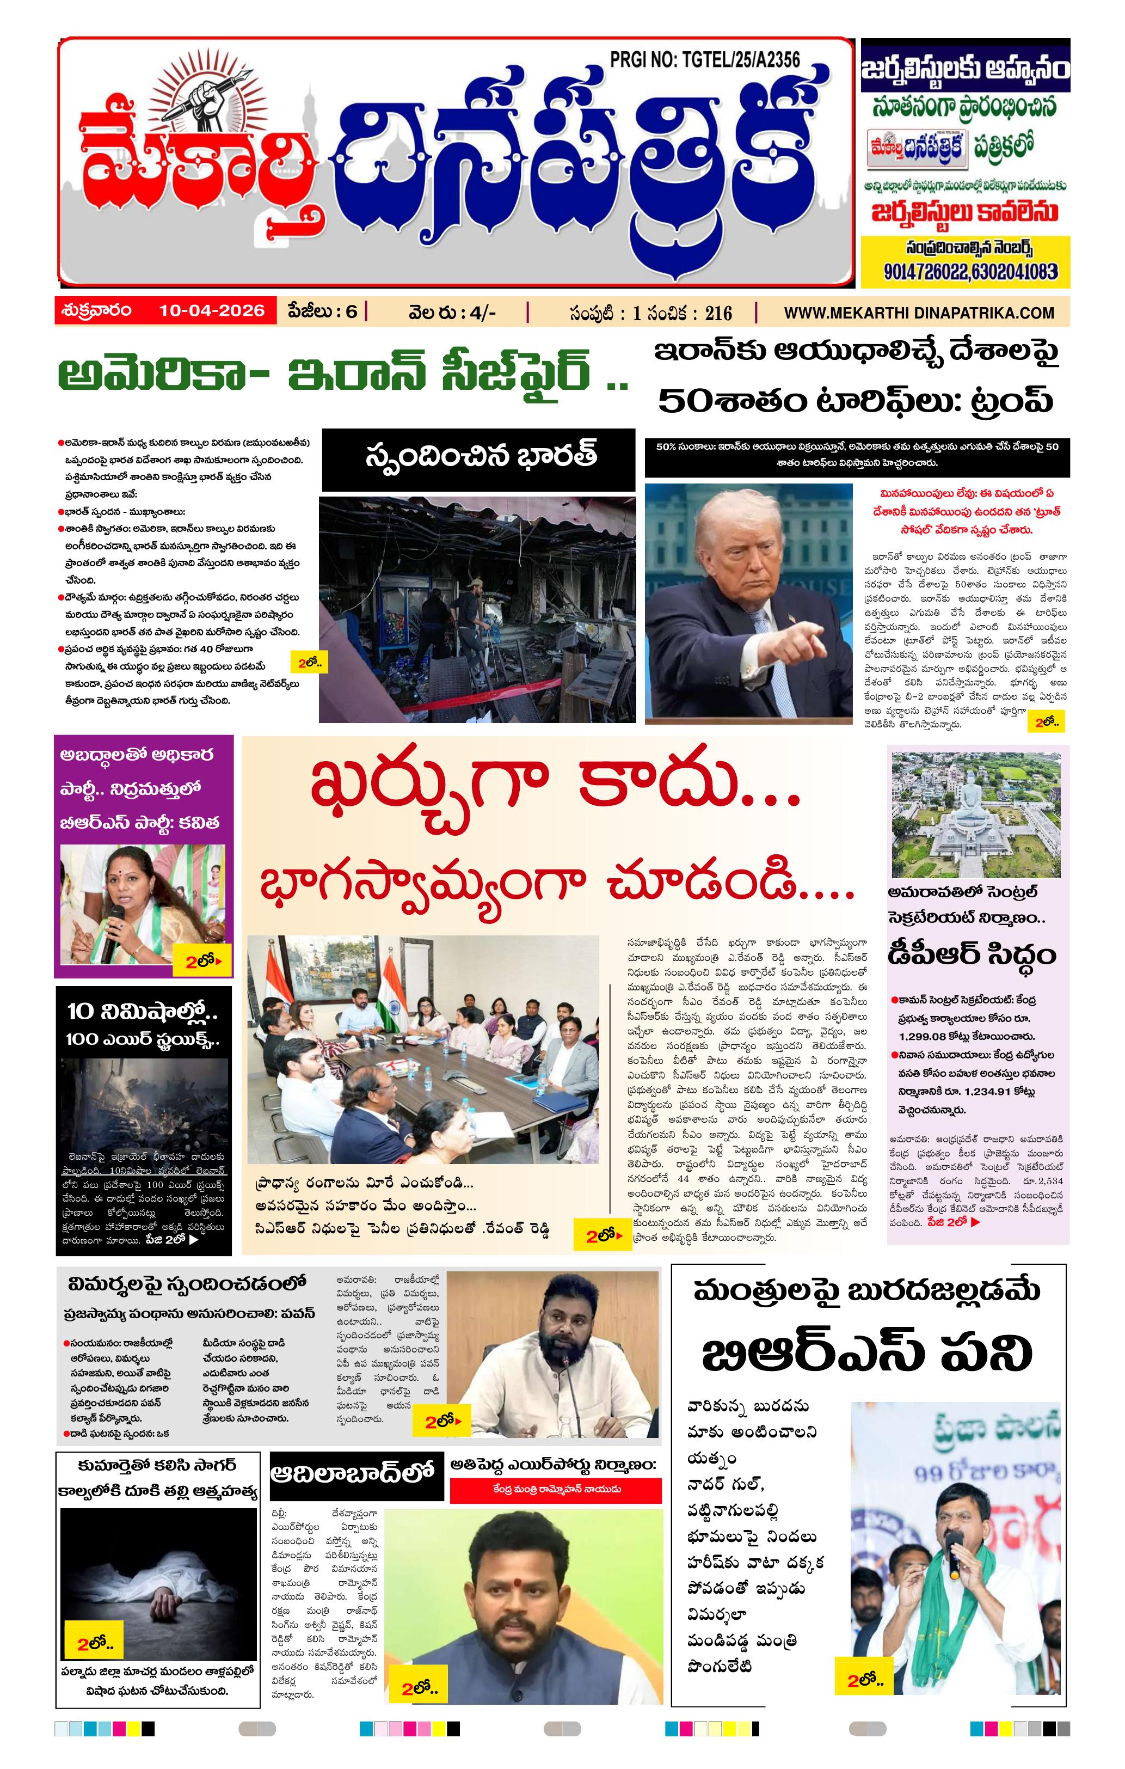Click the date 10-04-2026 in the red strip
212,311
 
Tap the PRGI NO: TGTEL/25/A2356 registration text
704,59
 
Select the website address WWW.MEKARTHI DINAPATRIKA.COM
919,313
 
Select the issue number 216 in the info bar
718,314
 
